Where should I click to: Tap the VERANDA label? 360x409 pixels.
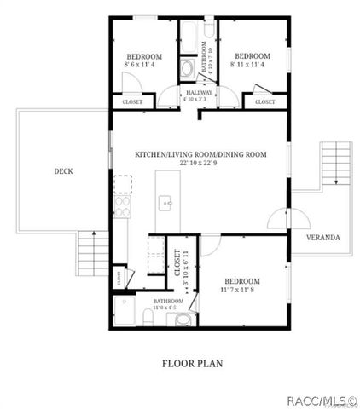point(323,237)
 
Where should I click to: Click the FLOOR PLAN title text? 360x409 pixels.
point(192,363)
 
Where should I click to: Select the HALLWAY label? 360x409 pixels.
point(197,92)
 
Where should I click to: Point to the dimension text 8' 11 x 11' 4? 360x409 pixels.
point(252,63)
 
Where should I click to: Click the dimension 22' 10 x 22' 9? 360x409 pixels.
point(200,164)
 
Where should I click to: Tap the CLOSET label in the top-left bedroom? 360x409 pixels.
point(132,101)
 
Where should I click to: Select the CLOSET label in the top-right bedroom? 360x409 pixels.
point(264,101)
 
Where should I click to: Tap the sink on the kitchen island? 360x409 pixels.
point(166,203)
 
